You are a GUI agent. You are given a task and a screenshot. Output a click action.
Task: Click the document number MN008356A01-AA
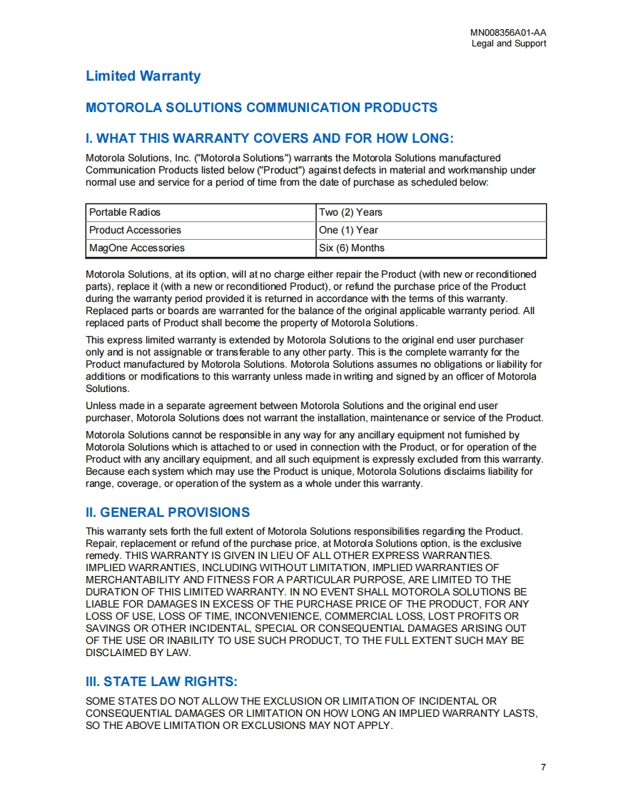point(508,33)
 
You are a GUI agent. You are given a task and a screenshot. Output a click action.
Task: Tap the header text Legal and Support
point(509,44)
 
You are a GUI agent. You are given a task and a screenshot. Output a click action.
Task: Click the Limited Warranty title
point(143,76)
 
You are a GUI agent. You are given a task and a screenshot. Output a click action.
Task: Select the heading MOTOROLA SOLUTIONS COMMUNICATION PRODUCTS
point(261,108)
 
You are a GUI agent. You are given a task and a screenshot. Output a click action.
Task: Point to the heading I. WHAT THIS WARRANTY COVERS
point(269,138)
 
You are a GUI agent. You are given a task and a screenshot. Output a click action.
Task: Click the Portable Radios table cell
point(125,212)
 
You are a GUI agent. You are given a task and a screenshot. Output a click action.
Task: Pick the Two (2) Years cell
point(350,212)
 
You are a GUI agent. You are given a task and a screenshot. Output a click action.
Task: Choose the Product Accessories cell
point(135,230)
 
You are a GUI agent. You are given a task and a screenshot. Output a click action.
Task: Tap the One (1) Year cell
point(348,230)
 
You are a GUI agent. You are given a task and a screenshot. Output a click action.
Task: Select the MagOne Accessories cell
point(137,248)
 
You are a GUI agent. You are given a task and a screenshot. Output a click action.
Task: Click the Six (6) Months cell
point(352,248)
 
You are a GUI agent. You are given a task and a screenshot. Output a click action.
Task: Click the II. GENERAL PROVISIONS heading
point(168,513)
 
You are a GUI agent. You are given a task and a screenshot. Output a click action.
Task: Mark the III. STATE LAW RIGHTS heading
point(161,682)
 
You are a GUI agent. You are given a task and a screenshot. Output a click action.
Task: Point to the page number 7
point(543,767)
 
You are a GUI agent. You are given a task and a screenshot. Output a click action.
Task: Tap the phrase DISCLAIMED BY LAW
point(138,653)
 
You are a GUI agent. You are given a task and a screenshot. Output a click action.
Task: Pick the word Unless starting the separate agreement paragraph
point(101,405)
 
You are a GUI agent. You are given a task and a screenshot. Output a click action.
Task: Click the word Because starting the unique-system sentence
point(106,471)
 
